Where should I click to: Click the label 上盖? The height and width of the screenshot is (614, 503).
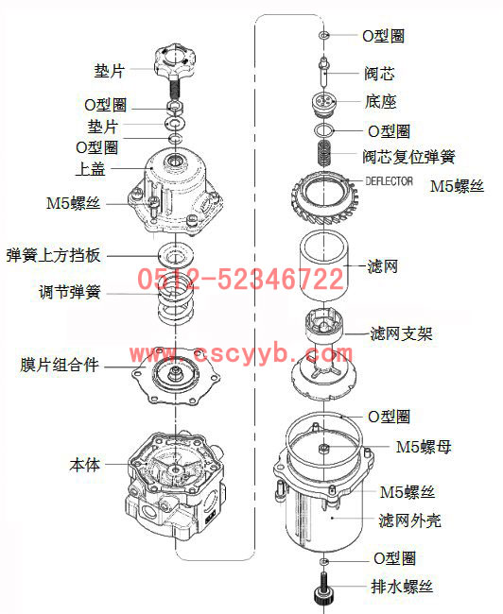[90, 169]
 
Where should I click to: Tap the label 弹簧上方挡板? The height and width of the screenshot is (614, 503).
[53, 255]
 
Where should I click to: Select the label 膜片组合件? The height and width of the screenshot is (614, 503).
[60, 365]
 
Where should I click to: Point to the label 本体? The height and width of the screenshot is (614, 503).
[85, 465]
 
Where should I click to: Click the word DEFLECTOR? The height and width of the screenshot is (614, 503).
[389, 181]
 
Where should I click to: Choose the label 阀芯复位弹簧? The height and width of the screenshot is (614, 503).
[408, 157]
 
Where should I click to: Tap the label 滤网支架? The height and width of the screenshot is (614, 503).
[402, 333]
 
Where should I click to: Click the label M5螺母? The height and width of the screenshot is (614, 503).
[424, 447]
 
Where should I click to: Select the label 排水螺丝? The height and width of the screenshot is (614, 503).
[402, 587]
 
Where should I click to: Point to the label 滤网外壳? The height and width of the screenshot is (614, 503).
[410, 520]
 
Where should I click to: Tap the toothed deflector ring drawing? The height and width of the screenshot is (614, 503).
[324, 197]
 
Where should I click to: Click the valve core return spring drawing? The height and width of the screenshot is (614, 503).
[324, 152]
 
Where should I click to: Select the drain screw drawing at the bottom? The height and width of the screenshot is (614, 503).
[324, 588]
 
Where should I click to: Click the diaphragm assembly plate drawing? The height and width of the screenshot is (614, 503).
[176, 376]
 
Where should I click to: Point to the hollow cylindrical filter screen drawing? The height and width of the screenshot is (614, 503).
[324, 266]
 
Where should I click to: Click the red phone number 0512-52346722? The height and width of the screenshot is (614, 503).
[240, 279]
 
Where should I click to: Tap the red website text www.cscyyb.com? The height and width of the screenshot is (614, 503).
[241, 353]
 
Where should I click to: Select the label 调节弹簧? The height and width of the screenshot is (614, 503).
[70, 292]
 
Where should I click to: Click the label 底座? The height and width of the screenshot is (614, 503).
[381, 102]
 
